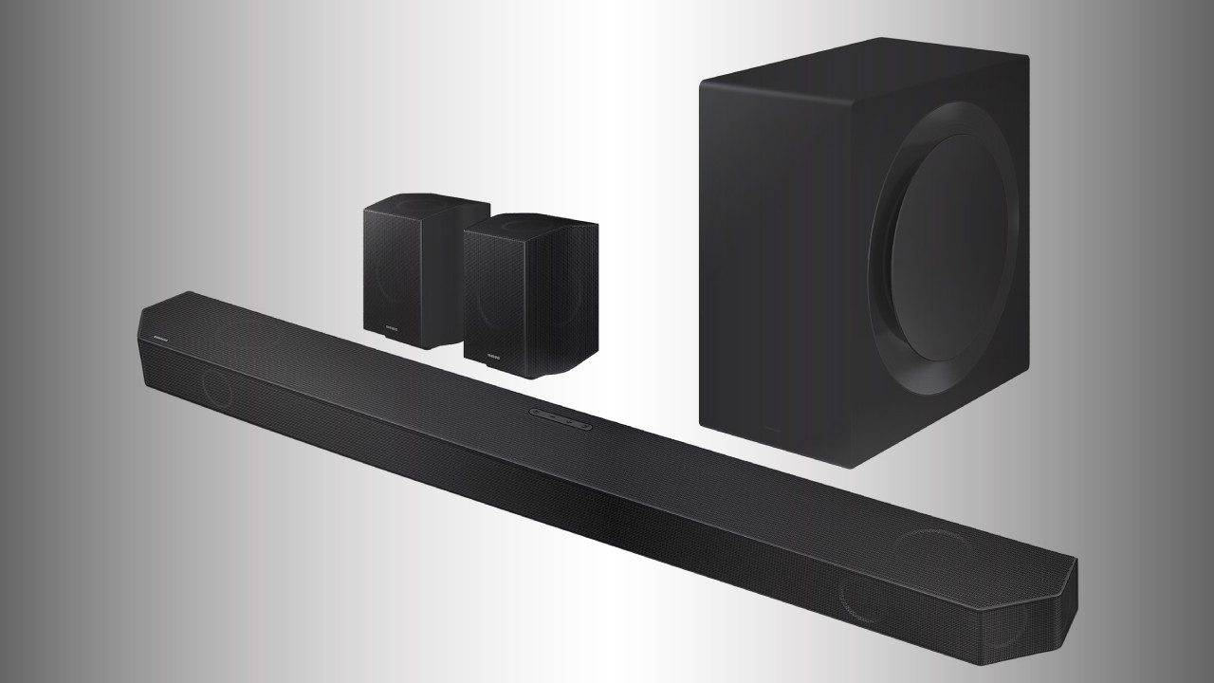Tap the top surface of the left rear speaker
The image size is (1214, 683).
click(x=427, y=204)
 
